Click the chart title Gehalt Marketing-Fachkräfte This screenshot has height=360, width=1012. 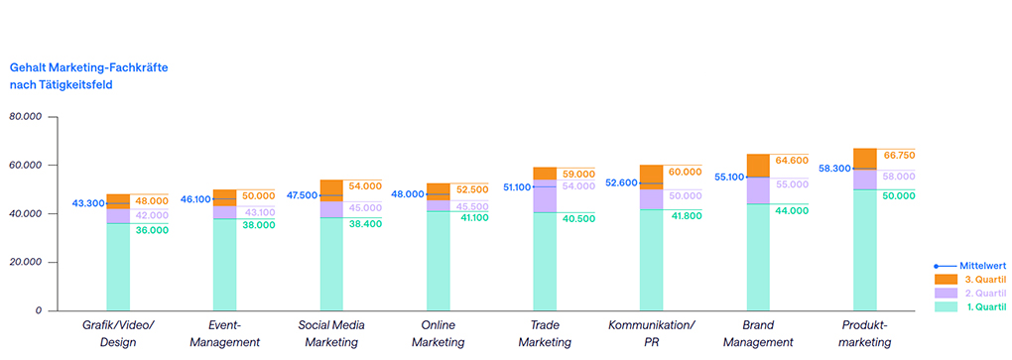[x=88, y=66]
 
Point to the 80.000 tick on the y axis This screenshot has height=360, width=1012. [x=25, y=116]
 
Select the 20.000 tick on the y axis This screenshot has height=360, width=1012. [x=25, y=262]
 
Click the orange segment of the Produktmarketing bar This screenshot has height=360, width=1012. [x=864, y=158]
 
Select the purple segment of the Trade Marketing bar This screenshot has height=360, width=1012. [x=544, y=196]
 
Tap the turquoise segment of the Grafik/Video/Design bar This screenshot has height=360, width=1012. [x=118, y=266]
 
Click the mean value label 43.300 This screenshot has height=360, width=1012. [x=88, y=203]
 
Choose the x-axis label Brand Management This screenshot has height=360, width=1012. [x=758, y=333]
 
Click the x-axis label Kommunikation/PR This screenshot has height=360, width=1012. [x=651, y=333]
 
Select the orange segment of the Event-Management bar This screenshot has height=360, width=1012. [x=224, y=196]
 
